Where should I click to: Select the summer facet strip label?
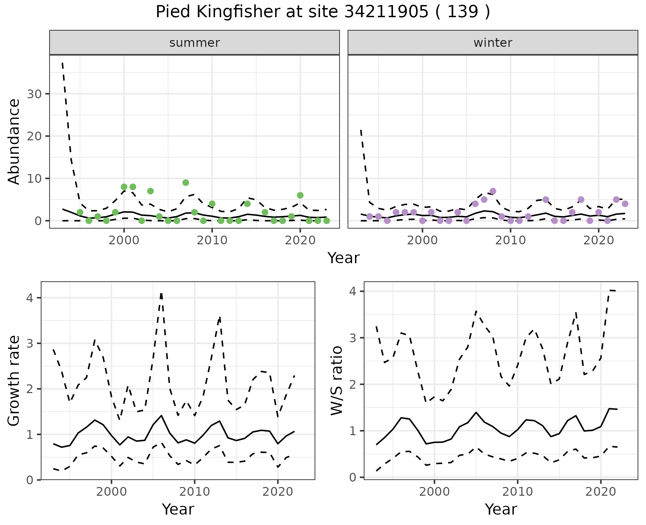(x=194, y=43)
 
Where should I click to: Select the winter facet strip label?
(x=493, y=43)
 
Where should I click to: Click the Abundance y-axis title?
(x=14, y=141)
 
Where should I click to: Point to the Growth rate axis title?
(x=14, y=381)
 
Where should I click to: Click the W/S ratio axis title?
(x=336, y=381)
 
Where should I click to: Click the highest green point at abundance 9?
(x=185, y=183)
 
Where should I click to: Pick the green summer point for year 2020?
(x=300, y=196)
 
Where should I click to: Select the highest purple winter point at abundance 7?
(x=493, y=191)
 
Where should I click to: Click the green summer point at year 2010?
(x=212, y=204)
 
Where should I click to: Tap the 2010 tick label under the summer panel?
(x=212, y=241)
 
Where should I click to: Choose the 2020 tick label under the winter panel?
(x=598, y=241)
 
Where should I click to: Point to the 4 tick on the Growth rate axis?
(x=30, y=298)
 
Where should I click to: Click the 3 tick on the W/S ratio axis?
(x=353, y=338)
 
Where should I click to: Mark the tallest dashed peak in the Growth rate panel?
(x=161, y=294)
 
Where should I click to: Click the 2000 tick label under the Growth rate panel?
(x=111, y=492)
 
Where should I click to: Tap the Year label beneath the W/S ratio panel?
(x=501, y=510)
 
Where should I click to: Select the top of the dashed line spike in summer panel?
(x=63, y=63)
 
